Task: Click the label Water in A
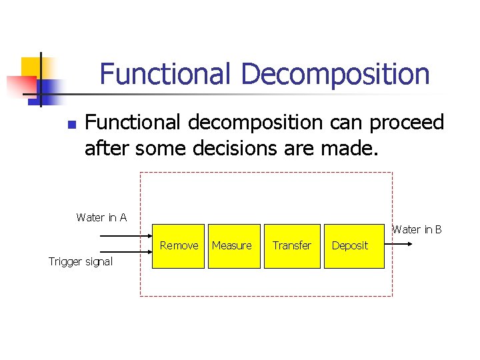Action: tap(101, 217)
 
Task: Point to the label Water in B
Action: tap(417, 229)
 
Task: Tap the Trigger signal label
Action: tap(80, 261)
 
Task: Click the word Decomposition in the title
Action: tap(335, 74)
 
